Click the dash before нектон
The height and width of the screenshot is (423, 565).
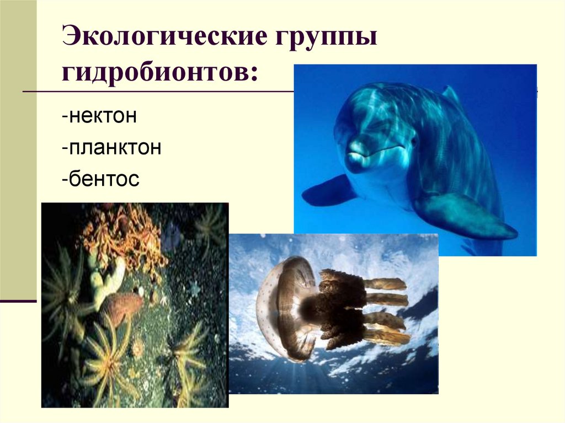pyautogui.click(x=65, y=119)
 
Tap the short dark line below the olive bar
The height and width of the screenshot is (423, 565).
pyautogui.click(x=18, y=301)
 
